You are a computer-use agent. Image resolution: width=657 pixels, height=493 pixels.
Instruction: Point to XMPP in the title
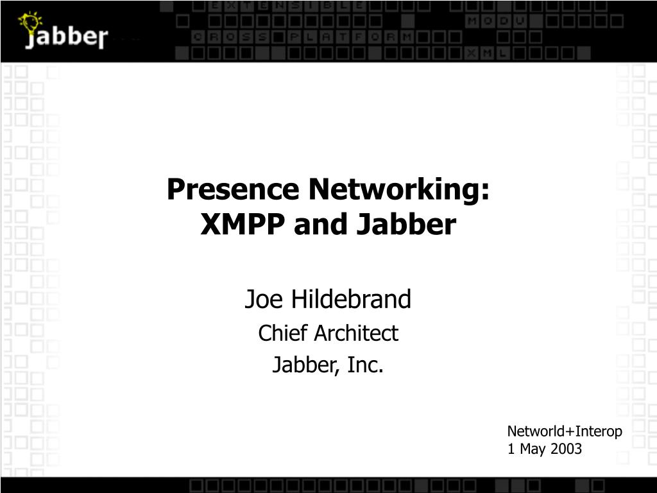coord(244,225)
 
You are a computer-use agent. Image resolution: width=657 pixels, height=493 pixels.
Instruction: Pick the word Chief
coord(279,333)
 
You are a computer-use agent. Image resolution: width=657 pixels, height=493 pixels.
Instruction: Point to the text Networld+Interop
coord(565,431)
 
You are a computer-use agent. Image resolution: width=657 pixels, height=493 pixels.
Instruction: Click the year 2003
coord(565,449)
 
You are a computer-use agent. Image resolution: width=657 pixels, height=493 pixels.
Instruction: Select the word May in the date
coord(532,449)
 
